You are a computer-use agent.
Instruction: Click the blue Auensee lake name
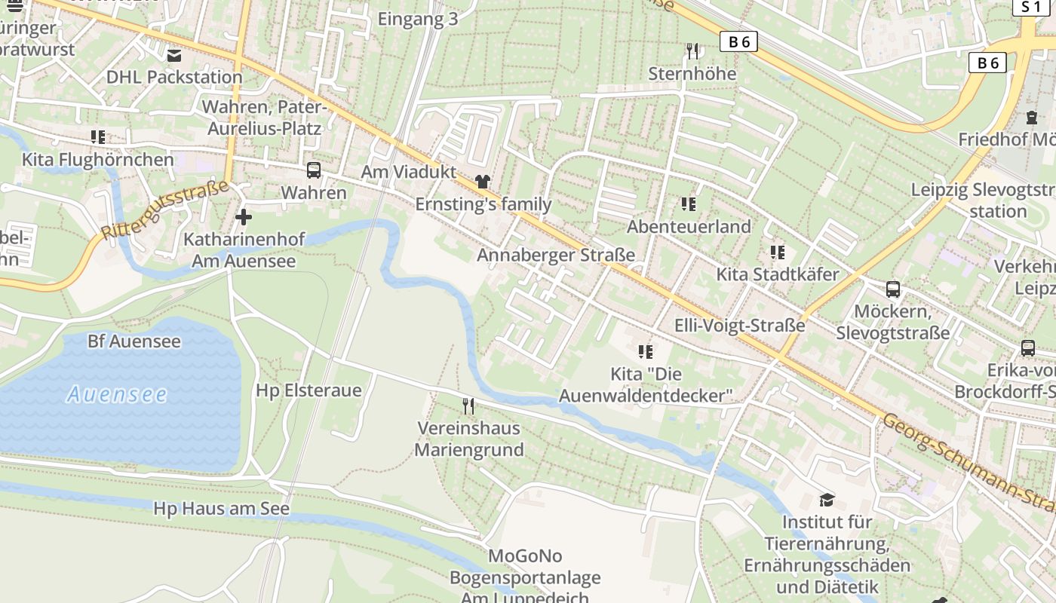(117, 393)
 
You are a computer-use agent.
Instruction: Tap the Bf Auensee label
(134, 341)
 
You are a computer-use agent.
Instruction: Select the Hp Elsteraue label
(309, 390)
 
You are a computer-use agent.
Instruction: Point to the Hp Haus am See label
(221, 509)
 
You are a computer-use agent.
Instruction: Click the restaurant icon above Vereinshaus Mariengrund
(468, 406)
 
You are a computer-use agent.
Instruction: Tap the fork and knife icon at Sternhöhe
(692, 51)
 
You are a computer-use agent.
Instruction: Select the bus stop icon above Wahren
(314, 170)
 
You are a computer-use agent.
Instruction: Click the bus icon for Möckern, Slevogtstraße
(893, 289)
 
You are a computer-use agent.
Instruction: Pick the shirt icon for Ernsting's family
(483, 181)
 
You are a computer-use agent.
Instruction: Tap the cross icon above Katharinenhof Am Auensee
(244, 218)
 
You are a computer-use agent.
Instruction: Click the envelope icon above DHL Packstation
(174, 55)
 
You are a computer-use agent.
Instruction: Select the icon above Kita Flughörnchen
(97, 137)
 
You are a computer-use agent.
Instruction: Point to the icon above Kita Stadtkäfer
(777, 252)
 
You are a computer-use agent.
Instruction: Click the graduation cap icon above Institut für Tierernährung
(827, 500)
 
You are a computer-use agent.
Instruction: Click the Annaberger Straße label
(555, 255)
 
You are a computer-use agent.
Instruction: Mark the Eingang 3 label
(417, 20)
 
